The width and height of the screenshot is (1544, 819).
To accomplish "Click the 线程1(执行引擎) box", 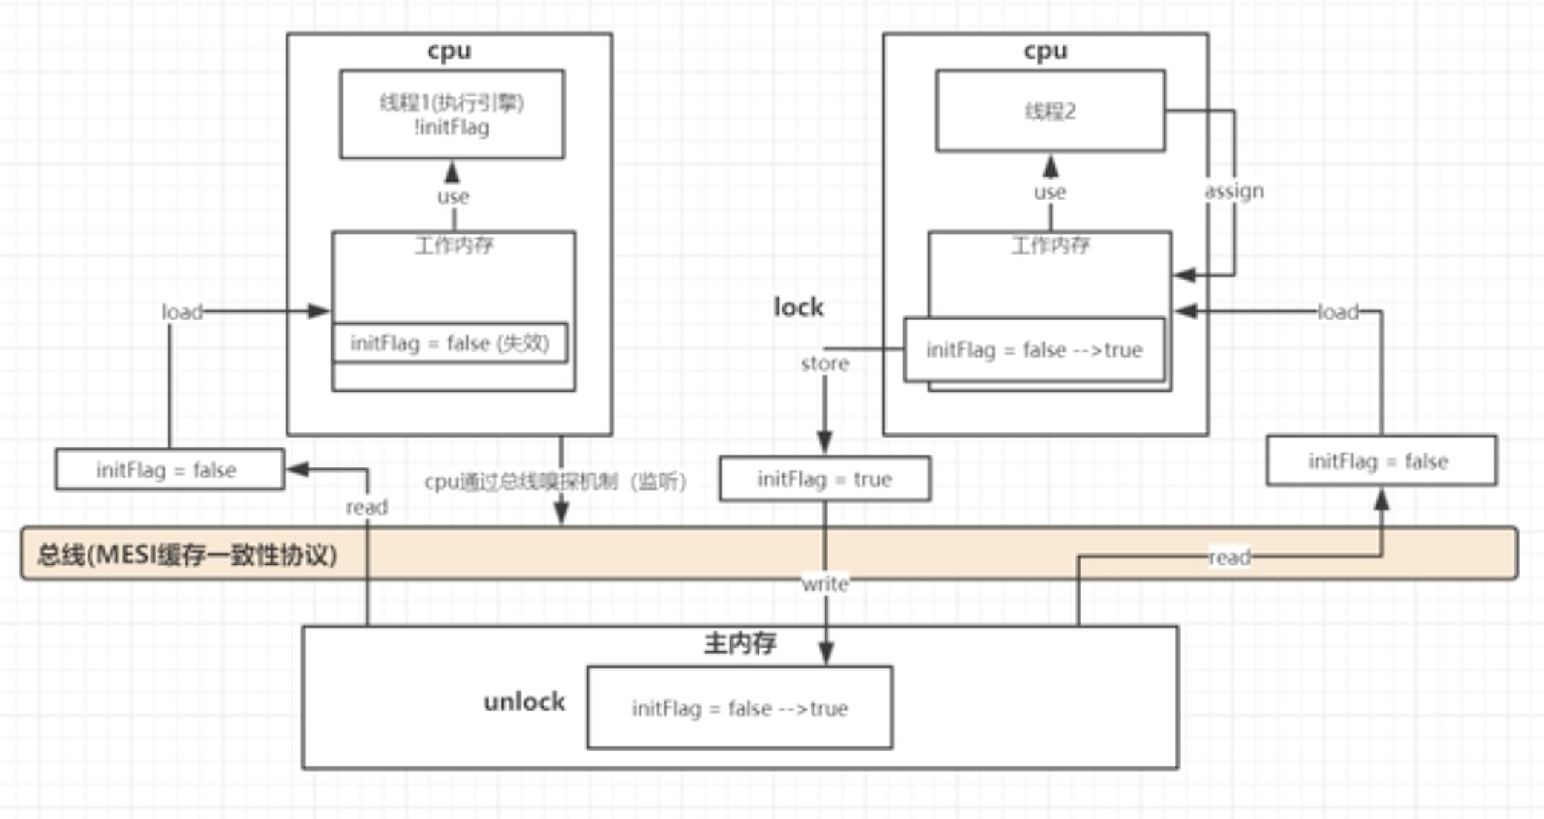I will point(452,114).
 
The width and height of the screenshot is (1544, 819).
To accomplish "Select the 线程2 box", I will point(1049,111).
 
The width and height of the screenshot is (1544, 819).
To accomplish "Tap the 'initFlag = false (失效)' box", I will point(450,343).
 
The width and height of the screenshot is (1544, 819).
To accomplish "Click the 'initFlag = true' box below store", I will point(824,479).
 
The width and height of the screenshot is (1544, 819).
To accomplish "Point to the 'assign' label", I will point(1234,191).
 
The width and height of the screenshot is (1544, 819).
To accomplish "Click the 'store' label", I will point(825,364).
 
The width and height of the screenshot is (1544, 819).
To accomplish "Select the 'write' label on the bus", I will point(825,584).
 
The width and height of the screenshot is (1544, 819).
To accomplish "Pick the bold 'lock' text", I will point(798,307).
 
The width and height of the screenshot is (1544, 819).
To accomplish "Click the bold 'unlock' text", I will point(524,702).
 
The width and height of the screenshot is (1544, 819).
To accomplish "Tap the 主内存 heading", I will point(739,643).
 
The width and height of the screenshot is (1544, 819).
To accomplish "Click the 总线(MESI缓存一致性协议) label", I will point(187,555).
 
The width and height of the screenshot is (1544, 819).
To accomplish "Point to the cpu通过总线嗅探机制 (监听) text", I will point(555,481).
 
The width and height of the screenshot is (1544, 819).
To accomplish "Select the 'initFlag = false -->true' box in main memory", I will point(739,708).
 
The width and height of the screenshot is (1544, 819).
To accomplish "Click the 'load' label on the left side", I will point(182,312).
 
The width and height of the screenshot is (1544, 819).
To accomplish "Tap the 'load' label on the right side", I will point(1338,312).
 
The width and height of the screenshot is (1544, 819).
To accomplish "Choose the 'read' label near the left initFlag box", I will point(366,507).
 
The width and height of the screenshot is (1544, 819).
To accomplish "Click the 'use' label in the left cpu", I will point(452,197).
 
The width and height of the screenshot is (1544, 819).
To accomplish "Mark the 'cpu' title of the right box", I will point(1045,50).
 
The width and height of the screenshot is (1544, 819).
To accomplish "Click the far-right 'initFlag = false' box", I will point(1380,461).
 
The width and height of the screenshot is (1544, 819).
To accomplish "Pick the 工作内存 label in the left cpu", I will point(453,246).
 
